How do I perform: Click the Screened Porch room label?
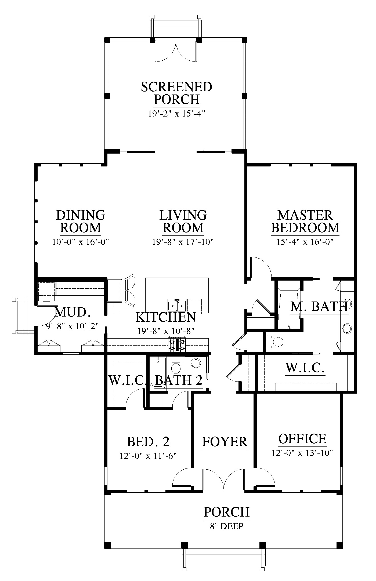177,93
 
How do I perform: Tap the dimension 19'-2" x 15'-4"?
177,114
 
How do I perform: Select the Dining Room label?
81,221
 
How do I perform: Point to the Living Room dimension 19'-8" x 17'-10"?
183,242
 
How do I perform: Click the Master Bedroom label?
305,221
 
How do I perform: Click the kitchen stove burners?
177,344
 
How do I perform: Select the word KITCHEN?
166,317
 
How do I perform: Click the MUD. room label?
72,312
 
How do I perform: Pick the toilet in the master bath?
275,342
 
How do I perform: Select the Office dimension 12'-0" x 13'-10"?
302,453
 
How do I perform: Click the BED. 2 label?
148,441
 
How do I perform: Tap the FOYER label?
225,442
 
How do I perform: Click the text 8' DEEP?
227,526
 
